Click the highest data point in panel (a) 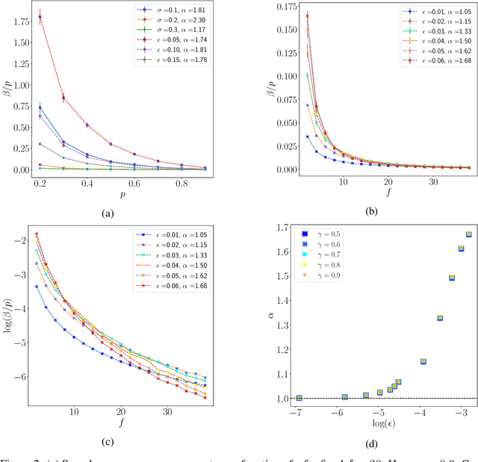click(x=40, y=16)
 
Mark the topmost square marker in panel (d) click(x=468, y=234)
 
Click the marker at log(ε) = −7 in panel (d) click(x=299, y=398)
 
